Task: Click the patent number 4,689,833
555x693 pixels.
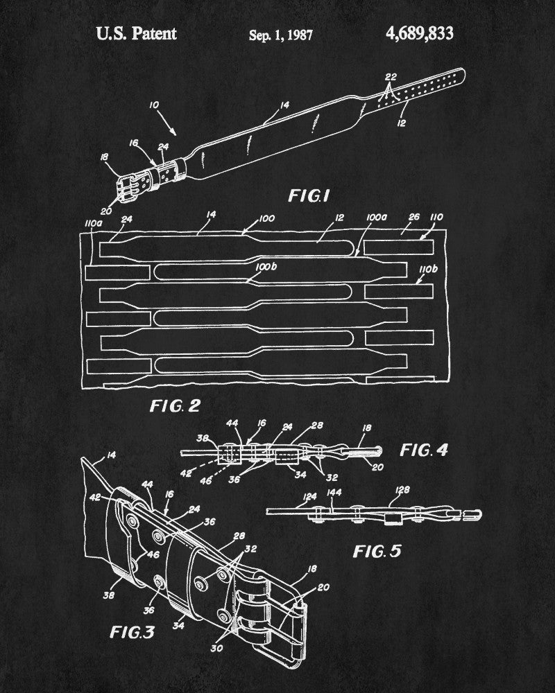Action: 416,33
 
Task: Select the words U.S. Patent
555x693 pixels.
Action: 137,33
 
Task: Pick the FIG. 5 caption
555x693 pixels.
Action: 376,552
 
